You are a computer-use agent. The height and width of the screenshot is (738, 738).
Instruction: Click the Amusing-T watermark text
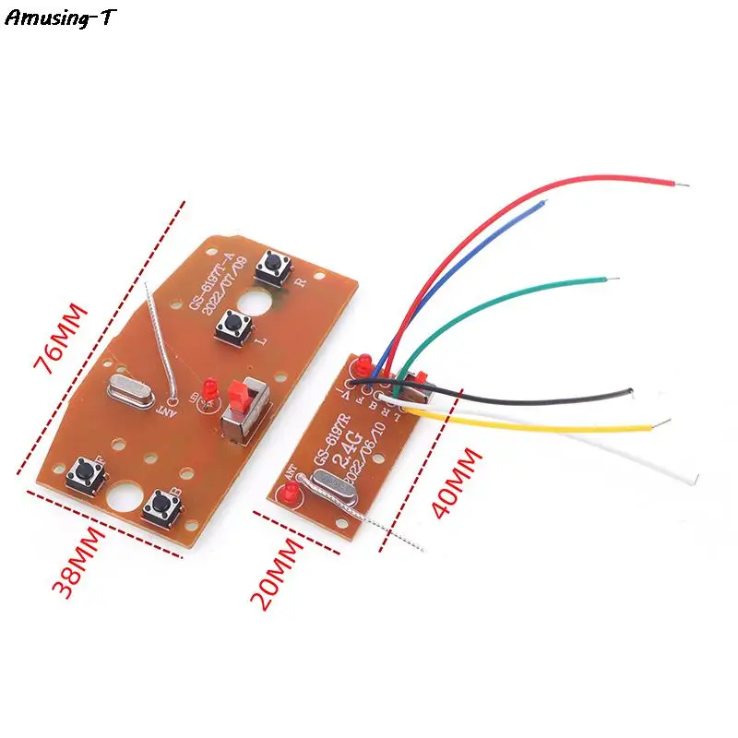tap(61, 18)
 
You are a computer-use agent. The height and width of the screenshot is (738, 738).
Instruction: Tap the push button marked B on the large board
tap(162, 504)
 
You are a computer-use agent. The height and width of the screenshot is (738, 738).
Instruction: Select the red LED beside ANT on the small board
tap(288, 496)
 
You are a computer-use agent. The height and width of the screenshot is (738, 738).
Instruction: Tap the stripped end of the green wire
tap(602, 277)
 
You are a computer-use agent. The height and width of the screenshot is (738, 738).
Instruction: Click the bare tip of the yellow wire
tap(662, 425)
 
